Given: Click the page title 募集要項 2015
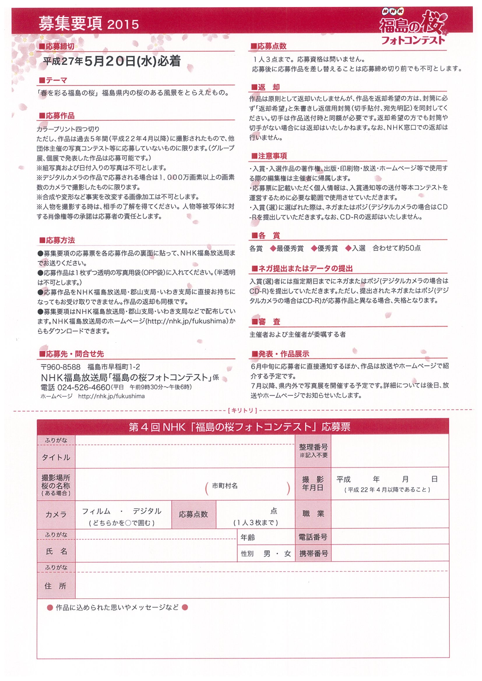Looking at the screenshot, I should pyautogui.click(x=89, y=24).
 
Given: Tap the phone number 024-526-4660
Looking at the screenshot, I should pyautogui.click(x=84, y=387).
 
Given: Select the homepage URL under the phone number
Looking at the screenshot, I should pyautogui.click(x=111, y=396).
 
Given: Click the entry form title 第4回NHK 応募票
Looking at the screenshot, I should pyautogui.click(x=239, y=427).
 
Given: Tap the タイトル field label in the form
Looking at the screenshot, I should pyautogui.click(x=56, y=457).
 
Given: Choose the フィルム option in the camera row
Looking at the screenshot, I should pyautogui.click(x=96, y=511).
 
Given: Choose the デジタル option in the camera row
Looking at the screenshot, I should pyautogui.click(x=147, y=511).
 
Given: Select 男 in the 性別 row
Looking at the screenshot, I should pyautogui.click(x=267, y=554).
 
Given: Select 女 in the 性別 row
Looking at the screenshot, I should pyautogui.click(x=287, y=554).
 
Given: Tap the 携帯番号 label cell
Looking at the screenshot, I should pyautogui.click(x=313, y=554).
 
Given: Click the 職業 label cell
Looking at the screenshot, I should pyautogui.click(x=313, y=514).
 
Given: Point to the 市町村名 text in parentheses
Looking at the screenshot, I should pyautogui.click(x=224, y=485).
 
